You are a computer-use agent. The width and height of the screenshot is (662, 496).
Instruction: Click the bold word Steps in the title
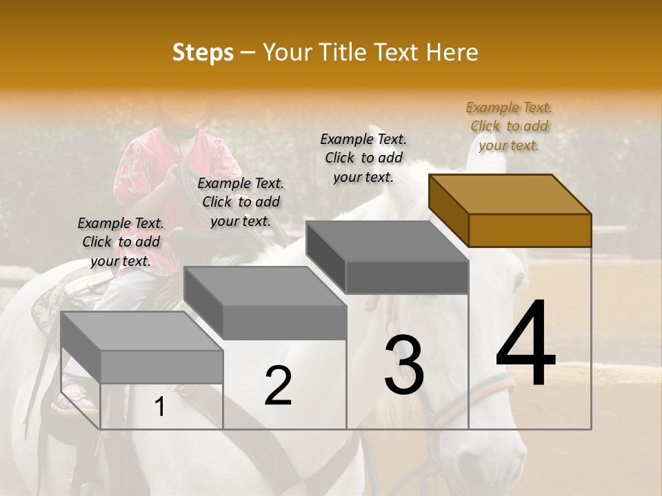(x=203, y=52)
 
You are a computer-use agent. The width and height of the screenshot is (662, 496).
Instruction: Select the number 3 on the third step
(x=403, y=365)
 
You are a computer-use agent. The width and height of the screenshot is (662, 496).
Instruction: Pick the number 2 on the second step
(x=278, y=386)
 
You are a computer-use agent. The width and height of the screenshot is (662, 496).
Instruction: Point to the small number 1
(x=160, y=406)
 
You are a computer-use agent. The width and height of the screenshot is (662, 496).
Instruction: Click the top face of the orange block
(x=510, y=194)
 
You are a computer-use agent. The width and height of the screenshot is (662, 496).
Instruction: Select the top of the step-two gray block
(x=265, y=286)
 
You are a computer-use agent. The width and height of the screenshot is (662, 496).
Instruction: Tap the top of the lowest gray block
(x=142, y=331)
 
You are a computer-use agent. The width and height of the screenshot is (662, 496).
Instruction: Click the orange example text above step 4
(x=509, y=126)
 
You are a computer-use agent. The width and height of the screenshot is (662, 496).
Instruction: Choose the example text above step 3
(x=363, y=158)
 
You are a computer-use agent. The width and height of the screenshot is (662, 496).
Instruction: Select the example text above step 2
(x=241, y=202)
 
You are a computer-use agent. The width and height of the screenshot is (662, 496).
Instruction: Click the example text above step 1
(x=121, y=242)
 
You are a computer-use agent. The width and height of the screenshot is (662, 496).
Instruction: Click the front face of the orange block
(x=530, y=230)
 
